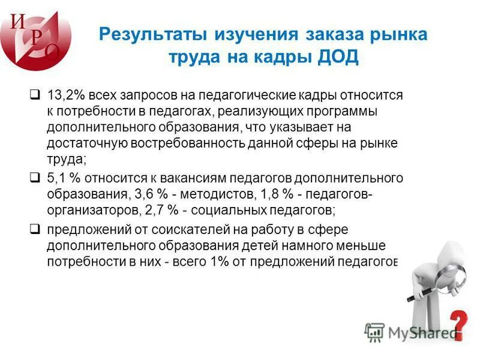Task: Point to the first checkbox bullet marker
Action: coord(35,95)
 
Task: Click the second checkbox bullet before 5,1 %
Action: coord(35,178)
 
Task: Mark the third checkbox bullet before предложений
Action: coord(35,229)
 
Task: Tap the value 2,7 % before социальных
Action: coord(162,210)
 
